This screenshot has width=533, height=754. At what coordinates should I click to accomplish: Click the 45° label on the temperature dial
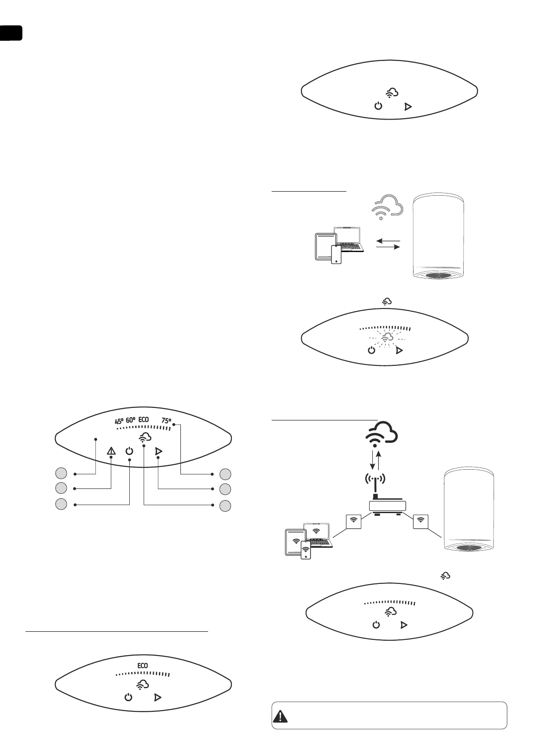click(x=119, y=421)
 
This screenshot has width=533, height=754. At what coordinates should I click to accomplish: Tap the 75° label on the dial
click(x=166, y=421)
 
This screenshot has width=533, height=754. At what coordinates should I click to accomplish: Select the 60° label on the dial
click(x=131, y=421)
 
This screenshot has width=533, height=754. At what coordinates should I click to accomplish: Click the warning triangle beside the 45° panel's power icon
click(x=111, y=451)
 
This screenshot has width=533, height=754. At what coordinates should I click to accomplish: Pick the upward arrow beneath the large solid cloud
click(x=379, y=460)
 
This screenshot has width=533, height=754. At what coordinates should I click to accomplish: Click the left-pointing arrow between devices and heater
click(x=387, y=241)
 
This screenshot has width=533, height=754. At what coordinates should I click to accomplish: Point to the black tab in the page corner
click(x=11, y=33)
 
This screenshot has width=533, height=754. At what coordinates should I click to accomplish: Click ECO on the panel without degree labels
click(x=142, y=666)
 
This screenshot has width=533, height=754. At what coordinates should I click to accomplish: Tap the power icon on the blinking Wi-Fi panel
click(x=371, y=350)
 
